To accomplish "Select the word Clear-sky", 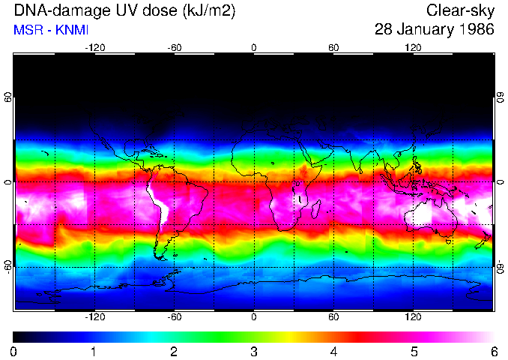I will (x=460, y=11).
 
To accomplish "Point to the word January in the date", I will (x=421, y=30).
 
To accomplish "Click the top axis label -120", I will (x=94, y=47).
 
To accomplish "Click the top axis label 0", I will (x=254, y=47).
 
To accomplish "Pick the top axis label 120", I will (x=413, y=47).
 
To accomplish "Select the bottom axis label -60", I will (x=174, y=317).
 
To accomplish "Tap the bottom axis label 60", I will (x=333, y=317).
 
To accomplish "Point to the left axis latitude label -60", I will (x=8, y=266).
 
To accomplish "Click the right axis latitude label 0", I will (x=500, y=182).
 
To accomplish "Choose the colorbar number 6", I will (x=494, y=351).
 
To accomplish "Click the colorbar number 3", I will (x=254, y=351).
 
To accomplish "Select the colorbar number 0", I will (x=14, y=351).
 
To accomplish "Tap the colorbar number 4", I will (x=333, y=351).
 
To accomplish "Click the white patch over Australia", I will (x=422, y=213).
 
